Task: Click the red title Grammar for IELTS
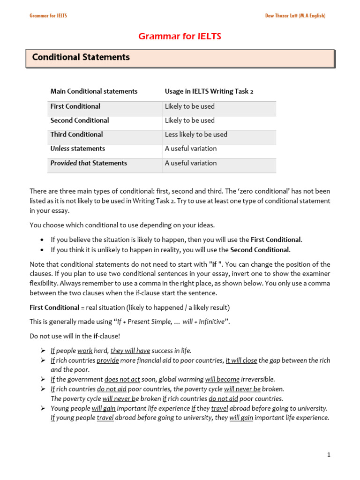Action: click(180, 37)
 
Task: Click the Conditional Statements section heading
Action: click(81, 57)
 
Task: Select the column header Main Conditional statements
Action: click(94, 91)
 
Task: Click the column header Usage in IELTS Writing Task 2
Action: click(209, 91)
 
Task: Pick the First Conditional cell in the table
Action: click(75, 106)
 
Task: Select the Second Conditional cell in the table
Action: click(80, 120)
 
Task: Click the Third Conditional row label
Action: click(76, 135)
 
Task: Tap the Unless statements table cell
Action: click(78, 149)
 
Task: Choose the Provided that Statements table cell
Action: click(89, 163)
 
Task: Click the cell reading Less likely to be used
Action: click(196, 135)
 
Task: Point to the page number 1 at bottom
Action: click(329, 455)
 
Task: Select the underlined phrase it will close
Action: click(241, 360)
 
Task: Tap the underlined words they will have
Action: click(130, 351)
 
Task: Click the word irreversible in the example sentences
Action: click(258, 379)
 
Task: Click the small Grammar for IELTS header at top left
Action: click(48, 15)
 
